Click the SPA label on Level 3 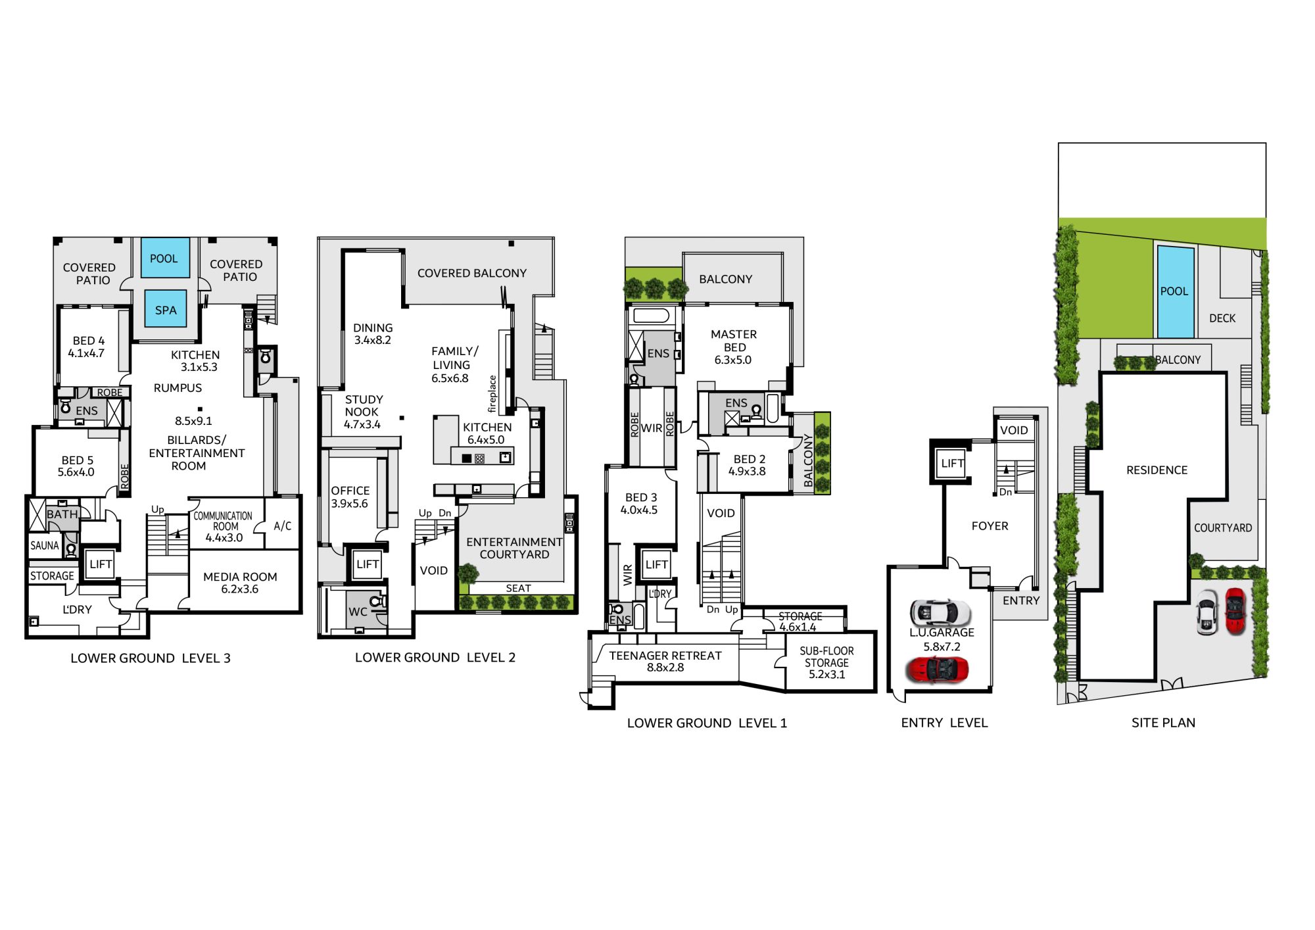coord(166,310)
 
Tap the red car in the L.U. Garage coord(937,670)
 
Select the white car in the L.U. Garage coord(940,613)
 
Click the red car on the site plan coord(1235,611)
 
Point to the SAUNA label coord(45,546)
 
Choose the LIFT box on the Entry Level coord(952,463)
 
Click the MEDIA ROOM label coord(240,577)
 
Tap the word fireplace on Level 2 coord(492,394)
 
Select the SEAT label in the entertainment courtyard coord(518,589)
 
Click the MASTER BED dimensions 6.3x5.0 coord(733,360)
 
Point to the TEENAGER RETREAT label coord(665,656)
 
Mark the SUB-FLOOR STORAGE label coord(826,657)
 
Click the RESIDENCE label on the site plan coord(1157,470)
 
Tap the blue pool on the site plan coord(1176,291)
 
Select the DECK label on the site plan coord(1222,318)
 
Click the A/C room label coord(283,526)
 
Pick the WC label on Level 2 coord(358,612)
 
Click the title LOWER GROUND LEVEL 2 coord(435,658)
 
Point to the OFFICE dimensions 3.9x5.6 coord(350,504)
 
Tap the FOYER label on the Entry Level coord(990,526)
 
